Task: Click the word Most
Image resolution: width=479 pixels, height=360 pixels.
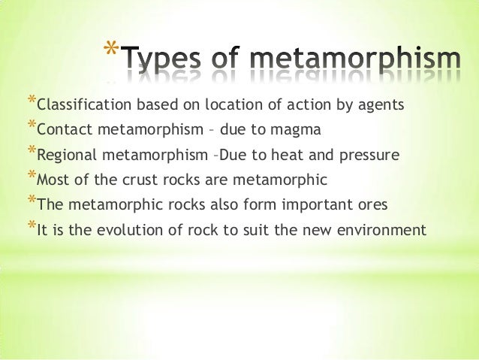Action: coord(52,180)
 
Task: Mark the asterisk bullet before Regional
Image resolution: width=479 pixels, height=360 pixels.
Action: coord(31,152)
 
